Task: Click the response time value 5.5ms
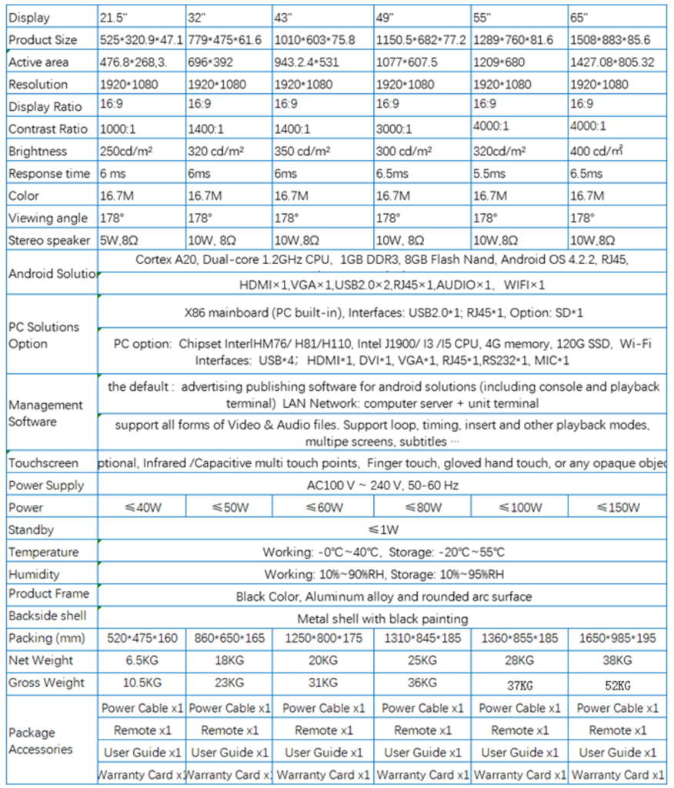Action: point(490,173)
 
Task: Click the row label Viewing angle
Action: point(48,218)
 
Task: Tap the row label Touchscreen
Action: point(43,462)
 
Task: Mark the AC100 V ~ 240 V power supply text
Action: point(383,485)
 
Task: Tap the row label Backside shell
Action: point(47,616)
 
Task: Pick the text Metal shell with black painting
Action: point(382,618)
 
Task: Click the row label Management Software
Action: point(45,413)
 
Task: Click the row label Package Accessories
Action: point(40,741)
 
